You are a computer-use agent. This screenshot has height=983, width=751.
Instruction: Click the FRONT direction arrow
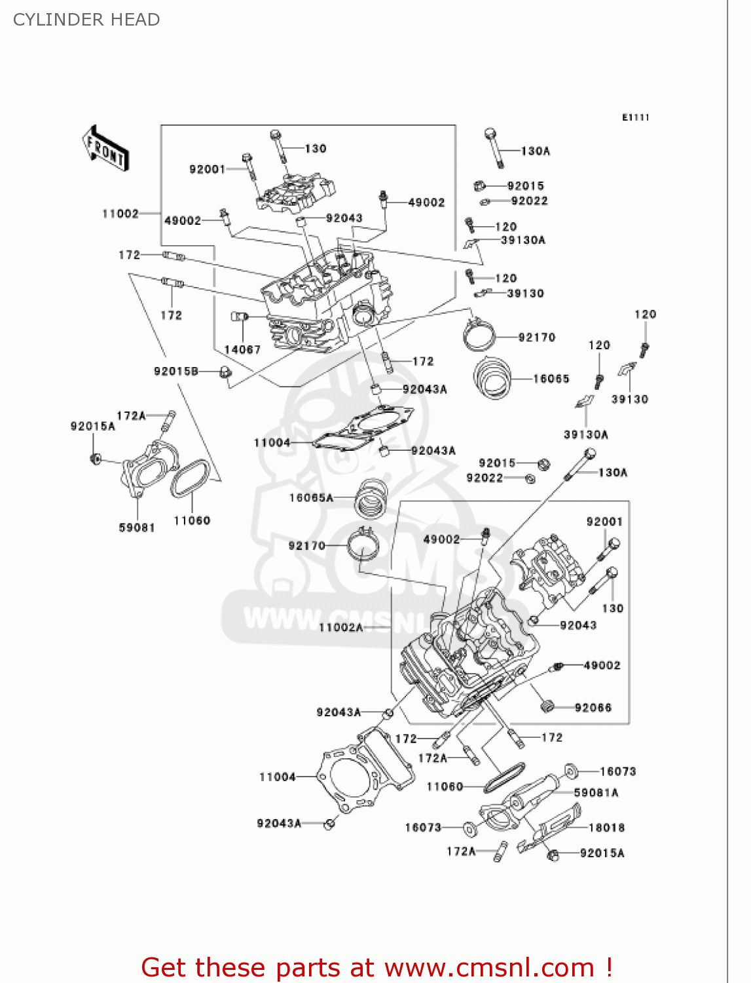pos(105,149)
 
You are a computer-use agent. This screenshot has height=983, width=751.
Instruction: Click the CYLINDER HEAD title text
pos(86,20)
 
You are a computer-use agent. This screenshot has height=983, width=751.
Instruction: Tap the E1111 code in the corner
pos(635,117)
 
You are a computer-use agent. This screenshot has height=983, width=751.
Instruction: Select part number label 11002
pos(120,214)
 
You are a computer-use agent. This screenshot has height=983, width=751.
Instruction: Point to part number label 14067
pos(242,349)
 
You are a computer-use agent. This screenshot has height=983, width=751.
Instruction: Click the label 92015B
pos(176,371)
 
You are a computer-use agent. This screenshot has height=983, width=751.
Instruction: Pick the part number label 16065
pos(551,379)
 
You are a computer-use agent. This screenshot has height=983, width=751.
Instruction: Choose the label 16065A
pos(311,498)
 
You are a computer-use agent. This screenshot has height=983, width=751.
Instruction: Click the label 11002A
pos(340,627)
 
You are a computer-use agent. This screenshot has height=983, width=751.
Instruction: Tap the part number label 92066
pos(593,708)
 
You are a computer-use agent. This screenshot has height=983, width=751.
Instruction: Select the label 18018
pos(607,828)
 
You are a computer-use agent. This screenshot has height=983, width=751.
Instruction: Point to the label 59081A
pos(596,793)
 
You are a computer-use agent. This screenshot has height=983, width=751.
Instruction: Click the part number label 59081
pos(137,528)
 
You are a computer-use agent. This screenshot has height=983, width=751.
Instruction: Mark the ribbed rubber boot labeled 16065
pos(493,376)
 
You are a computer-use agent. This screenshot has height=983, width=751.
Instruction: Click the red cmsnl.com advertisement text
pos(376,967)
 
